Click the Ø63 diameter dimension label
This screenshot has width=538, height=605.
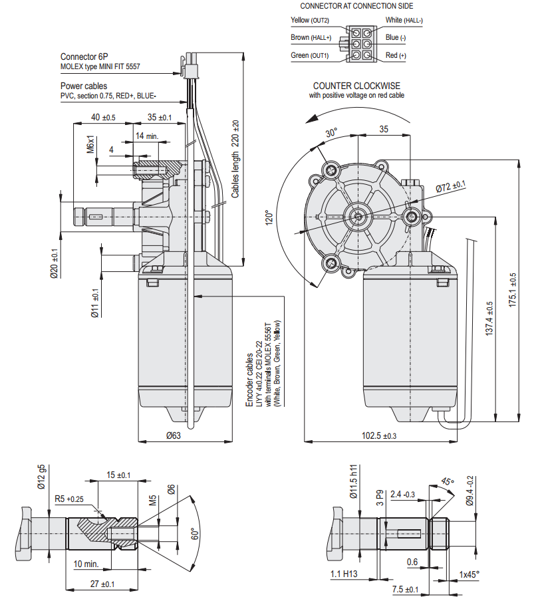(174, 435)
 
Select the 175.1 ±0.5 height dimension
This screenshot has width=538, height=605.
(512, 290)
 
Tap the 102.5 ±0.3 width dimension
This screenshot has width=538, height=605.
(378, 435)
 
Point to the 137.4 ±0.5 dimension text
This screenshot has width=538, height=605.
(489, 318)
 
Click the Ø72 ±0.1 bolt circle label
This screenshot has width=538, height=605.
(451, 186)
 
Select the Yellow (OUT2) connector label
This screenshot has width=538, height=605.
(310, 20)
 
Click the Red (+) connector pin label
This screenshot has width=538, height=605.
(396, 55)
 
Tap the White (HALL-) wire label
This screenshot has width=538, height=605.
(404, 20)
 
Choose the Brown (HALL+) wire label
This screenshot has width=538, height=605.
(311, 37)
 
